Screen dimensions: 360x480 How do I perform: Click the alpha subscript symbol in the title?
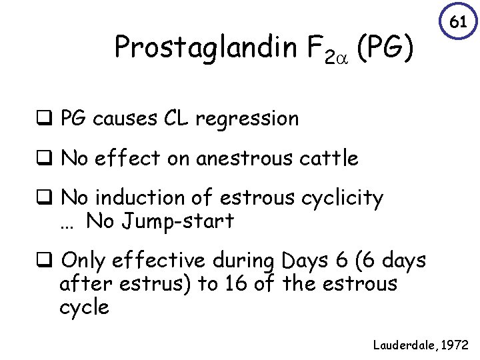340,57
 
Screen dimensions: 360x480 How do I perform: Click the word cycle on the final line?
84,307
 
